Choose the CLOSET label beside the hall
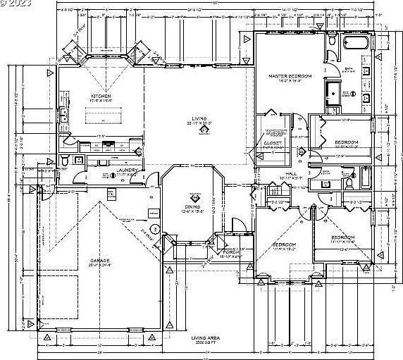[x=273, y=143]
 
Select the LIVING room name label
[x=199, y=118]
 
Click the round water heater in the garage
[x=155, y=227]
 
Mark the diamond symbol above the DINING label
[x=188, y=197]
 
